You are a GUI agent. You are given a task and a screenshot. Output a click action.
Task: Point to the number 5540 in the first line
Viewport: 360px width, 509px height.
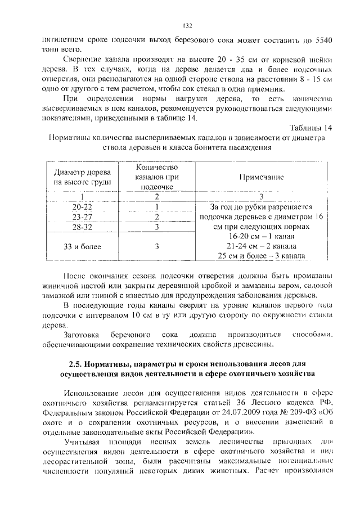click(x=322, y=40)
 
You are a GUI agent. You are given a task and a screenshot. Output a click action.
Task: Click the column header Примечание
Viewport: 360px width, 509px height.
click(x=260, y=177)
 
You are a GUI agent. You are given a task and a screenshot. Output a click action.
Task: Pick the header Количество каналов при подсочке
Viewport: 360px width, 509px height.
click(x=157, y=177)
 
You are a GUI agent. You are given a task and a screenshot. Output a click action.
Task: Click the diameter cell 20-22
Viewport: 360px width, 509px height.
click(x=83, y=206)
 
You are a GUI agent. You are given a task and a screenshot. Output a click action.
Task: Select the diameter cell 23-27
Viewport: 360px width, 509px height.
click(x=83, y=216)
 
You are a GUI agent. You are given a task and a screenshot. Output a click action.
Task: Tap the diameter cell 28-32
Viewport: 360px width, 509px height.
click(x=83, y=226)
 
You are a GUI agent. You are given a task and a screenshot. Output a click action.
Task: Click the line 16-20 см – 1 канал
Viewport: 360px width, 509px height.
click(x=260, y=236)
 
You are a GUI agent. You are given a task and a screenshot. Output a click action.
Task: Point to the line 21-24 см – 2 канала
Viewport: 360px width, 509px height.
click(x=260, y=246)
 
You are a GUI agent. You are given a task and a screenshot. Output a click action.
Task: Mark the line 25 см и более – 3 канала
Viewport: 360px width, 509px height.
click(x=260, y=256)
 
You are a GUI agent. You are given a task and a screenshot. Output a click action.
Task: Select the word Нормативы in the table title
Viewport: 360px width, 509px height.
click(x=69, y=138)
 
